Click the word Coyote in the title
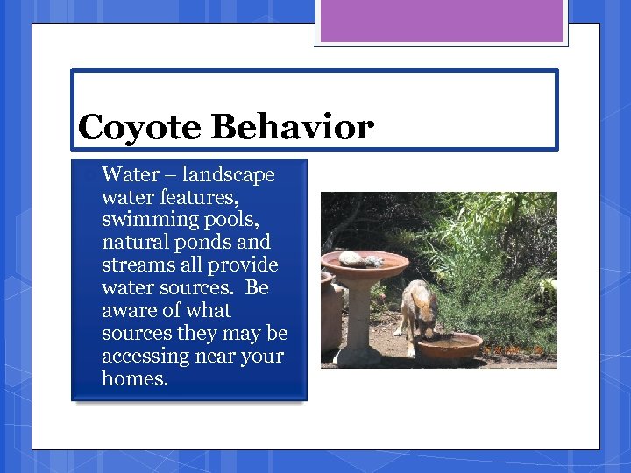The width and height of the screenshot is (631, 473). click(x=139, y=128)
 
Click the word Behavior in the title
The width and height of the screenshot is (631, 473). click(x=292, y=128)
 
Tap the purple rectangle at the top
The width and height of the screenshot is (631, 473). click(x=441, y=21)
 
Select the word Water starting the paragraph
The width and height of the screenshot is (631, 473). click(x=130, y=174)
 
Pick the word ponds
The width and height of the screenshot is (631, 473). click(x=202, y=242)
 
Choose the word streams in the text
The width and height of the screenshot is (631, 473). click(x=135, y=265)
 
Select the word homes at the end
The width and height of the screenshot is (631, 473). click(x=134, y=378)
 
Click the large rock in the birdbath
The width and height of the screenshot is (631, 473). click(x=354, y=258)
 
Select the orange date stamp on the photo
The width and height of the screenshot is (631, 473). click(x=517, y=349)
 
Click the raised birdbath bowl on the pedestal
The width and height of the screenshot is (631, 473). click(x=365, y=265)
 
